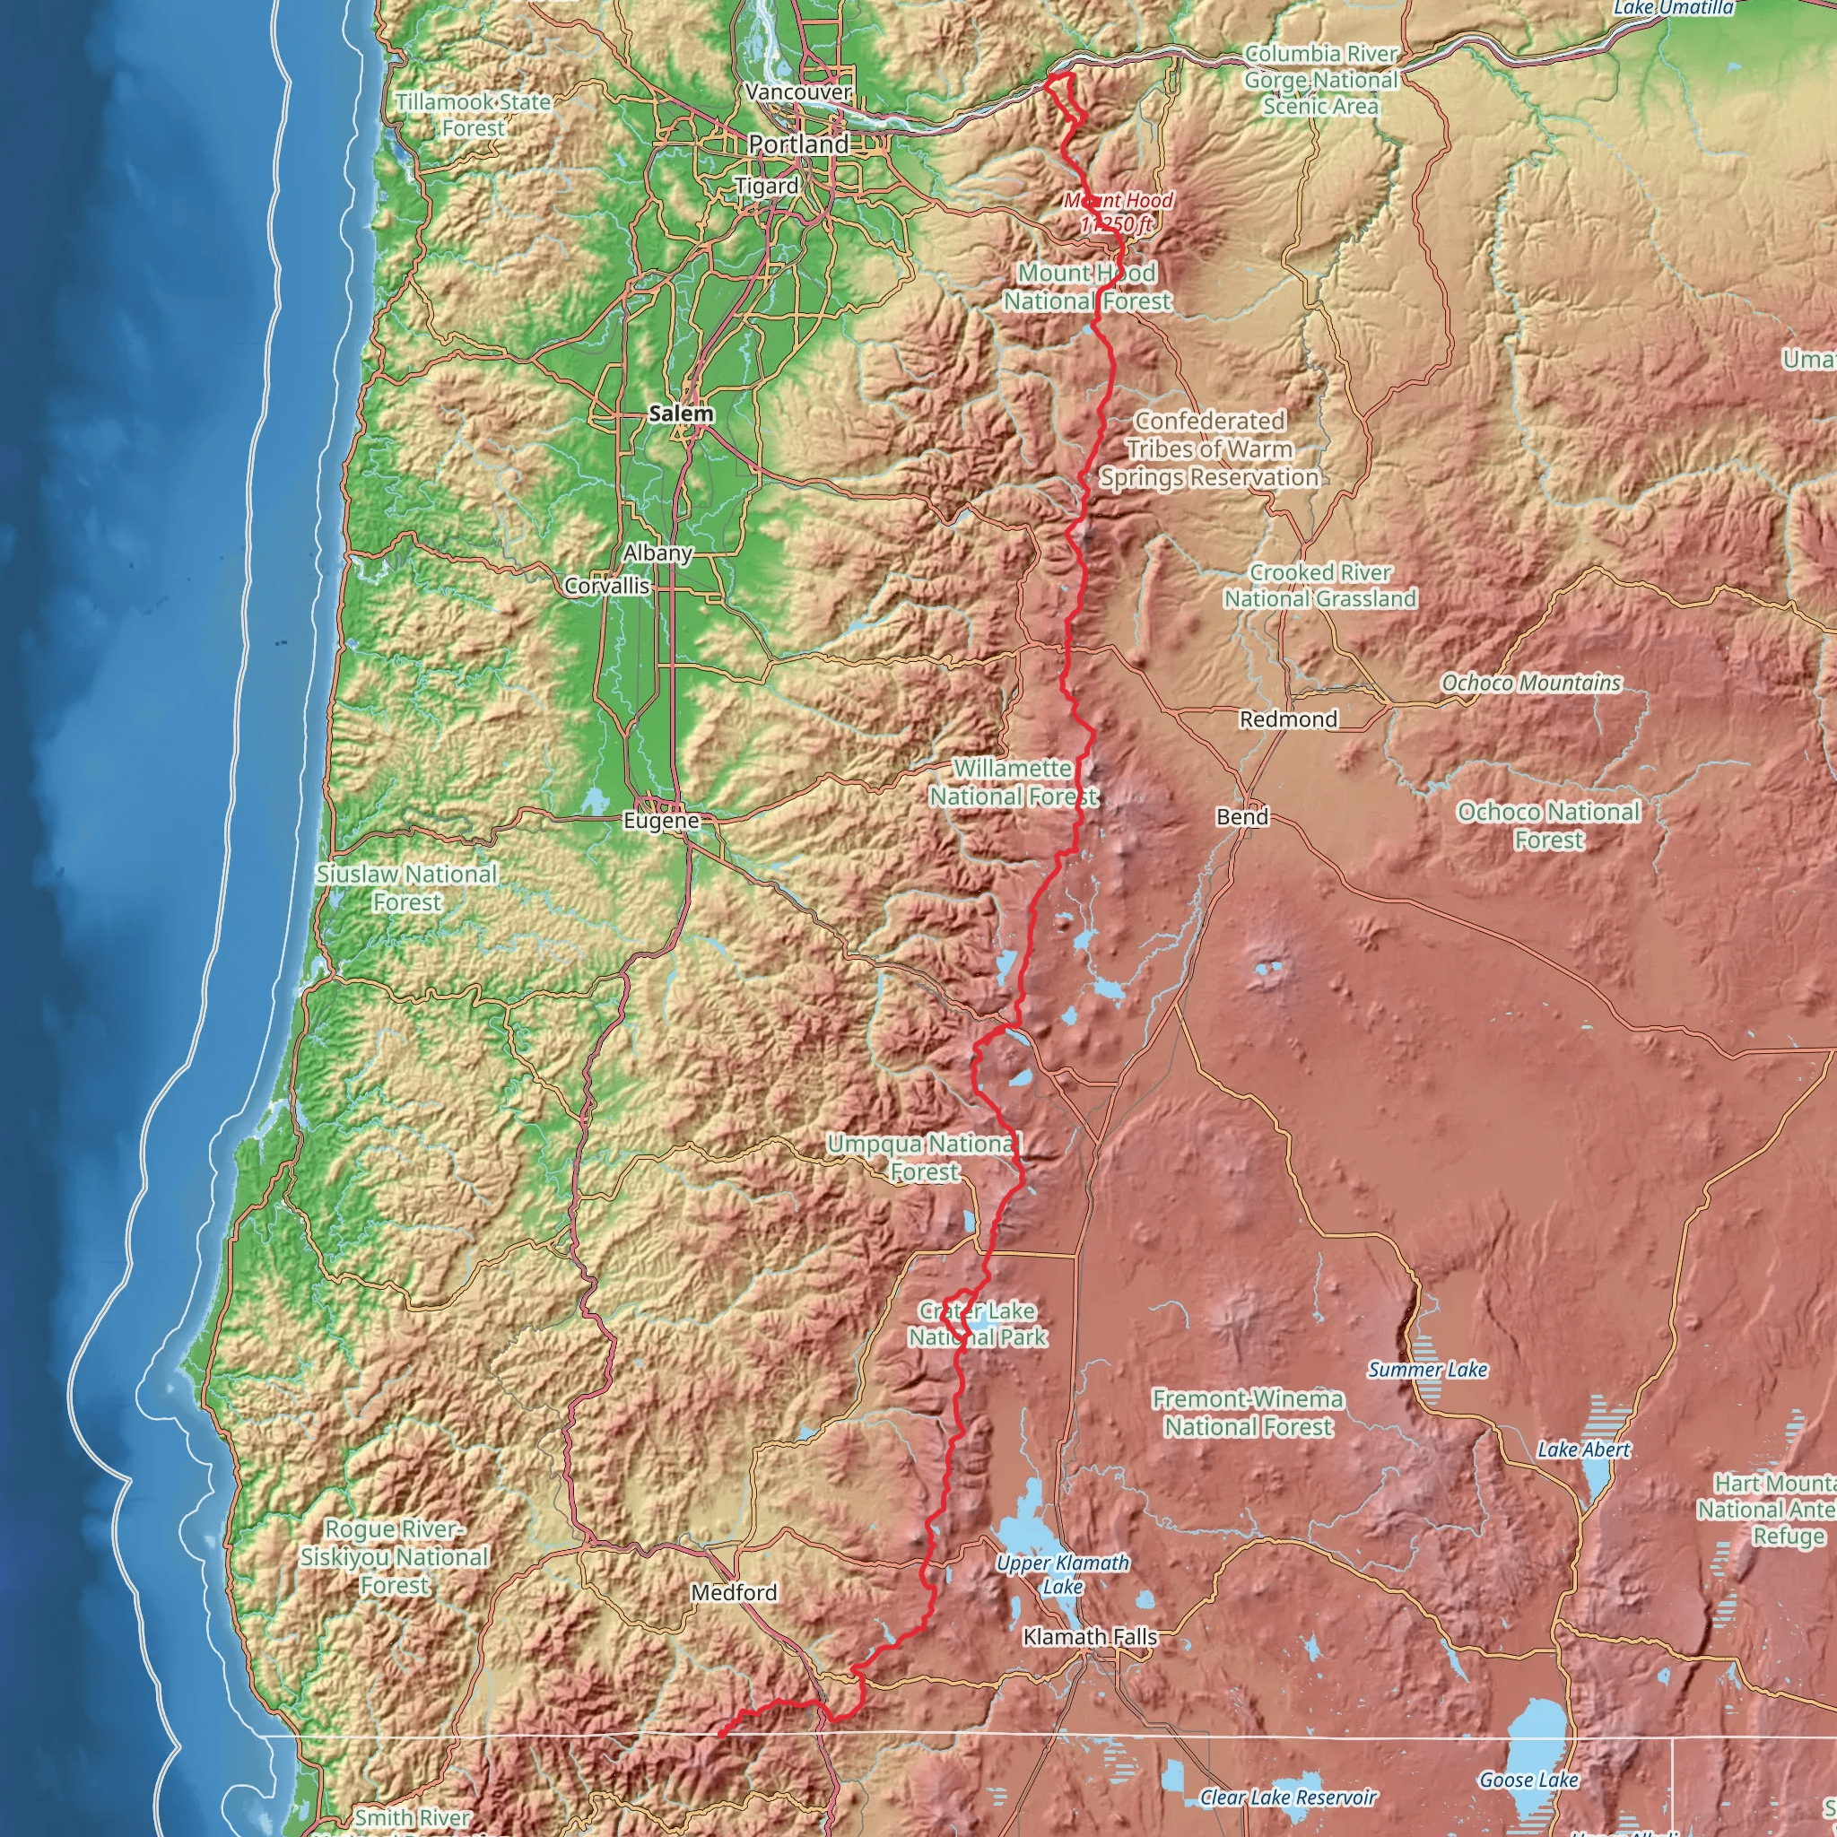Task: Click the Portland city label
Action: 798,144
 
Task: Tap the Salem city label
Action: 681,414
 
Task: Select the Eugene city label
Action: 661,821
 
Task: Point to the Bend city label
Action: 1241,817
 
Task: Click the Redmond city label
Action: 1288,718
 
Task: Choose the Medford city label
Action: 734,1592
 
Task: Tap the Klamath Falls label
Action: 1090,1636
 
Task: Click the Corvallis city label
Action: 606,586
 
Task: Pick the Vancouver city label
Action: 798,92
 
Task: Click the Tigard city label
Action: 766,186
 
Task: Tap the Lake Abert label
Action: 1583,1450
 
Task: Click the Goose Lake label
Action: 1528,1779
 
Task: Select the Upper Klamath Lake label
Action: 1063,1574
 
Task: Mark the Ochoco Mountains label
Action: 1531,683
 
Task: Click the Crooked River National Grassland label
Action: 1319,586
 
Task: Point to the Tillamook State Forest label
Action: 474,114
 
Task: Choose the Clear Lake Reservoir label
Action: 1287,1797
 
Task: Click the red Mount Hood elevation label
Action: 1118,212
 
